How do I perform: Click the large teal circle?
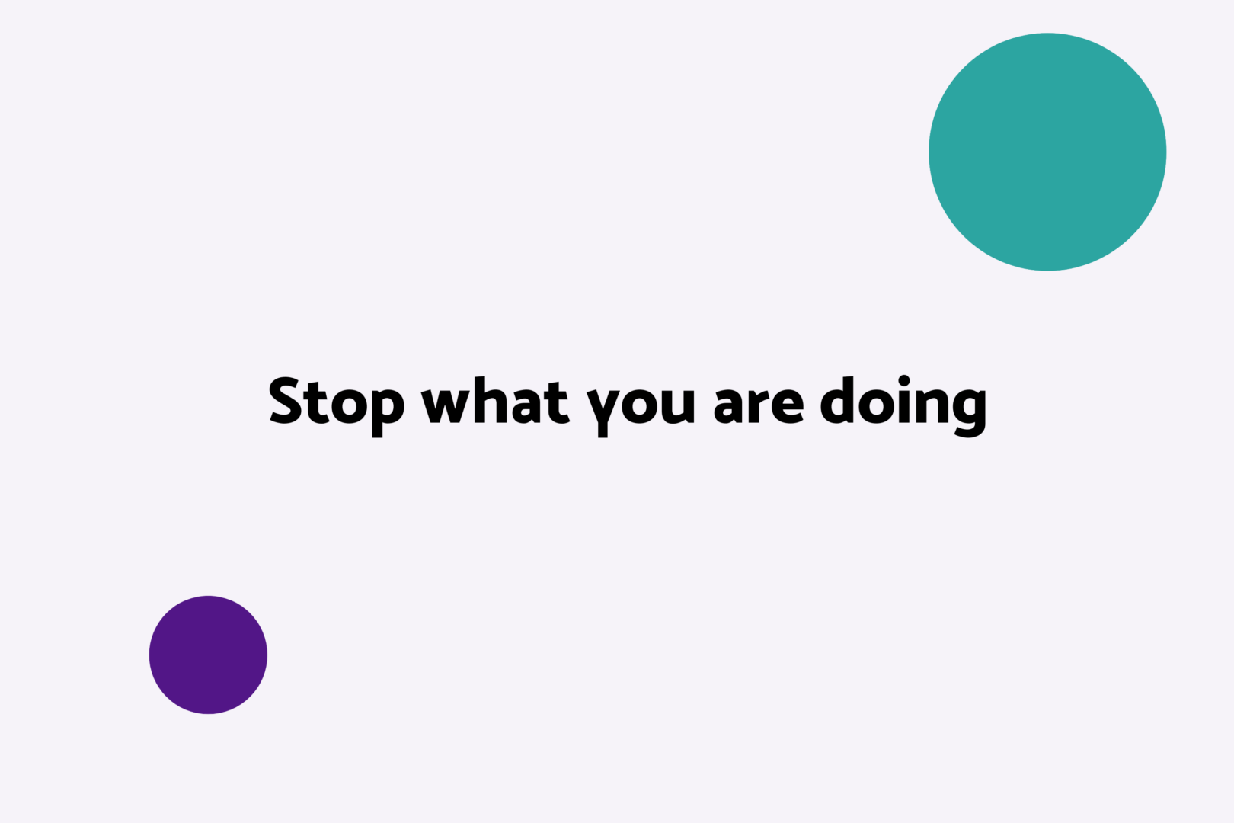tap(1047, 152)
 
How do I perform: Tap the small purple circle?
tap(208, 655)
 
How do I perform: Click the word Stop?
tap(337, 407)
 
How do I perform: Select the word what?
tap(495, 402)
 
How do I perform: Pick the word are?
tap(759, 405)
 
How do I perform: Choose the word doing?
tap(903, 407)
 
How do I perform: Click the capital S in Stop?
tap(286, 402)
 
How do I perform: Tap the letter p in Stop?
tap(388, 411)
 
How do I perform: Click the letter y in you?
tap(603, 411)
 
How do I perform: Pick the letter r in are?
tap(759, 405)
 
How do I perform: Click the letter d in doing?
tap(837, 402)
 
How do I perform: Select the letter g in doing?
tap(970, 411)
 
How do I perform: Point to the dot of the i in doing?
tap(904, 381)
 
